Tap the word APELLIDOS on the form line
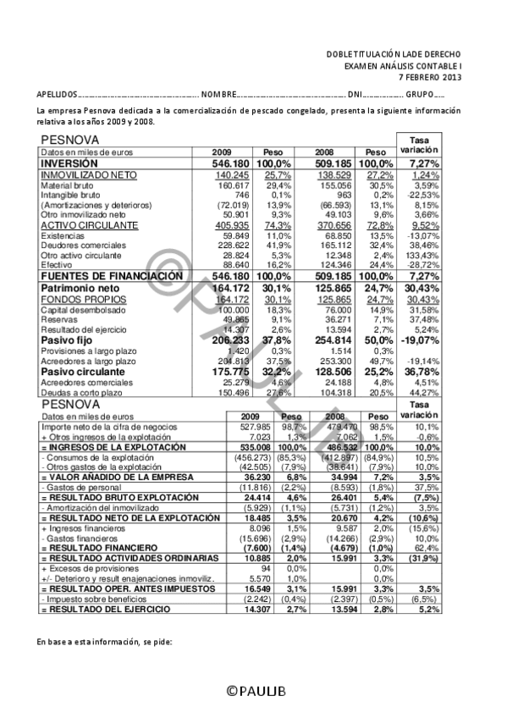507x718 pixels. (x=57, y=94)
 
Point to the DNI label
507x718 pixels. (x=355, y=94)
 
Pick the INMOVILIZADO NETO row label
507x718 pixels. (x=77, y=174)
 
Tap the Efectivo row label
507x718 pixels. (x=57, y=265)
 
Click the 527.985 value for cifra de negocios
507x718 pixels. (x=255, y=428)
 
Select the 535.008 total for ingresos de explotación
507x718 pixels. (x=254, y=447)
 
